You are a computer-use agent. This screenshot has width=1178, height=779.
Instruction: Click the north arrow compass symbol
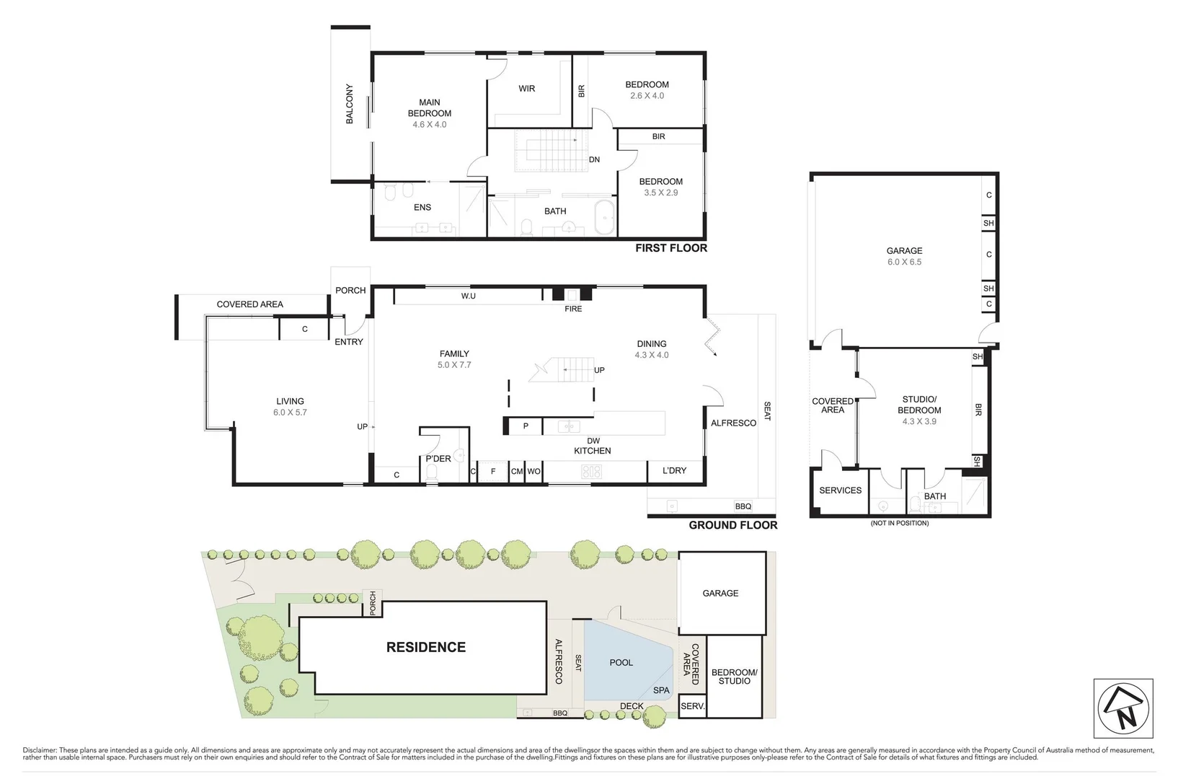coord(1123,708)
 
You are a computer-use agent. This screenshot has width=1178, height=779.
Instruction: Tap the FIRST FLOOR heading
coord(670,248)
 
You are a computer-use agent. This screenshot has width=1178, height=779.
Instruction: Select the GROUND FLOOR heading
coord(732,525)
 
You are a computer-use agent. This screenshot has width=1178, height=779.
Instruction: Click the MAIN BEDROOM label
coord(430,108)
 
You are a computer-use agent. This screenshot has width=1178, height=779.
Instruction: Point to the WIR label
coord(527,89)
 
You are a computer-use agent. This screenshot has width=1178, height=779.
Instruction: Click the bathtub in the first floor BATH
coord(604,218)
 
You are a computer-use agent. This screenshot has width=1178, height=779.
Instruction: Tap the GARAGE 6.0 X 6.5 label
coord(904,256)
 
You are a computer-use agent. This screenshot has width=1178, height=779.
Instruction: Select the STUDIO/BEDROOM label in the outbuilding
coord(919,405)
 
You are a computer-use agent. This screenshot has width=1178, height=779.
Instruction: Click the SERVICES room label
coord(840,490)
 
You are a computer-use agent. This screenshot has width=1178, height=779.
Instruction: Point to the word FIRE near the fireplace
coord(573,309)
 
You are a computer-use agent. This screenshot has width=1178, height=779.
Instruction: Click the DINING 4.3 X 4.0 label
coord(652,349)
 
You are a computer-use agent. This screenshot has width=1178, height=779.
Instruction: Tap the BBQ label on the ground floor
coord(743,506)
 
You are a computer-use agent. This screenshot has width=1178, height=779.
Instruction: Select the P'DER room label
coord(438,459)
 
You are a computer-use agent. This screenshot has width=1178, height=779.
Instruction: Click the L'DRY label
coord(674,470)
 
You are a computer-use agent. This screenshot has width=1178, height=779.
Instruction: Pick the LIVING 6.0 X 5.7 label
coord(290,407)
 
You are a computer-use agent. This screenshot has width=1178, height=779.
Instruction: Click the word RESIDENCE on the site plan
coord(425,647)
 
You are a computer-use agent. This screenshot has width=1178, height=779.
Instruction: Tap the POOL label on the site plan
coord(621,662)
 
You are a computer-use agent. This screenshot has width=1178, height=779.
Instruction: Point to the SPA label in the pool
coord(661,690)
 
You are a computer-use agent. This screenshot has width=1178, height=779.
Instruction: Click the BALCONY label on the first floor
coord(350,104)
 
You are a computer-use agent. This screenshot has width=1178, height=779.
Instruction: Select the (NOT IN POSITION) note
coord(899,523)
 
